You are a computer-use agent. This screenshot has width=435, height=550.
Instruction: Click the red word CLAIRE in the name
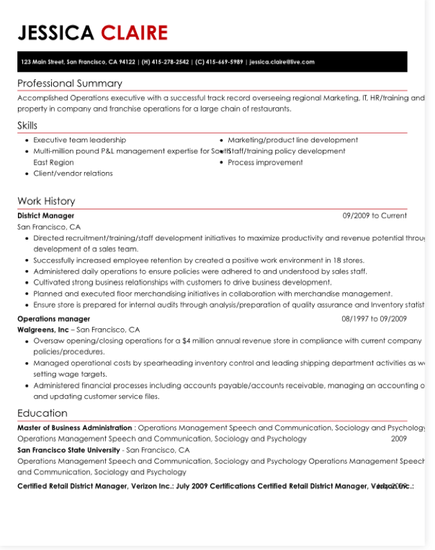click(134, 32)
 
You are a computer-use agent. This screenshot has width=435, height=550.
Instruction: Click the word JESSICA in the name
click(56, 32)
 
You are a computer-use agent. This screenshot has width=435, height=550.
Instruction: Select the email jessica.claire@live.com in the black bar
click(282, 62)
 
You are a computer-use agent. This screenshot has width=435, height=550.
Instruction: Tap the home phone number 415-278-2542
click(169, 62)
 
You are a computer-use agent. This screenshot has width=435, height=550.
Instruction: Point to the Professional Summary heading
click(70, 84)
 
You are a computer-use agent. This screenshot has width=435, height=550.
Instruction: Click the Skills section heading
click(28, 126)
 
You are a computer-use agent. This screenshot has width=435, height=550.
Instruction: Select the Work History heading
click(46, 201)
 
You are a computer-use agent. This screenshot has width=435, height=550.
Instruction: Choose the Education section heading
click(42, 413)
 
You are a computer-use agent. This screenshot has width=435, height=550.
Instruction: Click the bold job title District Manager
click(46, 216)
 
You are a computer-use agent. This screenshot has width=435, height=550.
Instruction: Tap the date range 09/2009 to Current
click(375, 216)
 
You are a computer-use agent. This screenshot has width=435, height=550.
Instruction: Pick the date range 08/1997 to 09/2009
click(374, 319)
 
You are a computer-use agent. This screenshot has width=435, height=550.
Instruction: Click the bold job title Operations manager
click(53, 319)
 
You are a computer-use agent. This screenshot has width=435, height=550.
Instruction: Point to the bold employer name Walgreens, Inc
click(43, 330)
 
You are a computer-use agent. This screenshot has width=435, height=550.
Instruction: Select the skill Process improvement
click(265, 162)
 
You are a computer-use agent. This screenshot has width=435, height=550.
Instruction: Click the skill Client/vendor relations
click(73, 173)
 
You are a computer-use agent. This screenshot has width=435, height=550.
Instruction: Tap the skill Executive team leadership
click(80, 140)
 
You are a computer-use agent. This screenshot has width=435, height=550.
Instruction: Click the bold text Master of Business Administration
click(75, 428)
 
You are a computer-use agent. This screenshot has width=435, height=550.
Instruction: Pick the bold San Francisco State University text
click(68, 450)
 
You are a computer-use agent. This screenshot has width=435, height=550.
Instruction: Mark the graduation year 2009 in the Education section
click(398, 439)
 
